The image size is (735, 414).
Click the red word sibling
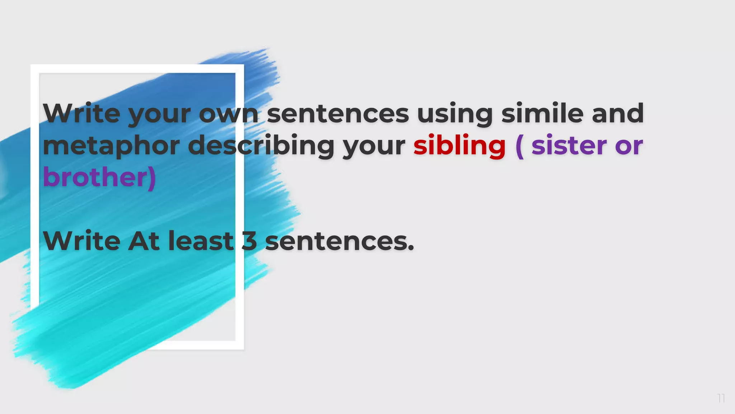point(459,146)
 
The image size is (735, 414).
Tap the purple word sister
point(569,146)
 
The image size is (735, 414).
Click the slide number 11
point(721,398)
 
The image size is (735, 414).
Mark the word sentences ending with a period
point(339,241)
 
